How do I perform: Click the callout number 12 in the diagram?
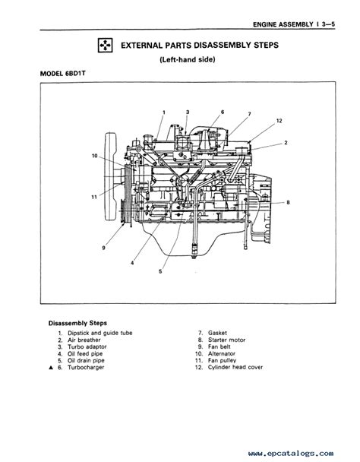coord(279,121)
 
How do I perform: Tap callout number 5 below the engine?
coord(160,271)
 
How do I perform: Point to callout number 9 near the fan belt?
coord(103,248)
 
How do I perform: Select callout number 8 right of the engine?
coord(288,202)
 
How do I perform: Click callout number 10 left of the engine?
coord(95,156)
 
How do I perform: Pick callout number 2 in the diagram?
coord(286,143)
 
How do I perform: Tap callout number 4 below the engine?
coord(132,263)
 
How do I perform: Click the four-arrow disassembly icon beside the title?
coord(105,46)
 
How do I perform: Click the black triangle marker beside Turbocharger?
coord(51,368)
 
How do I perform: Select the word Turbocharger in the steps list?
coord(86,368)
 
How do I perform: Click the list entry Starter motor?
coord(226,340)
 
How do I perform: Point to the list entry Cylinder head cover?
coord(235,368)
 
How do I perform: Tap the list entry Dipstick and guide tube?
coord(99,333)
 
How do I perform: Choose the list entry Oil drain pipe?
coord(86,361)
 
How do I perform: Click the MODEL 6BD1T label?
coord(63,74)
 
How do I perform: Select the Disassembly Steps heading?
coord(77,323)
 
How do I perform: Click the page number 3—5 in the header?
coord(328,24)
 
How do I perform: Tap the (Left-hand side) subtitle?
coord(188,59)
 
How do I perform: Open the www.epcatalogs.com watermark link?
coord(291,453)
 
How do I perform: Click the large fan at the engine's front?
coord(111,177)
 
